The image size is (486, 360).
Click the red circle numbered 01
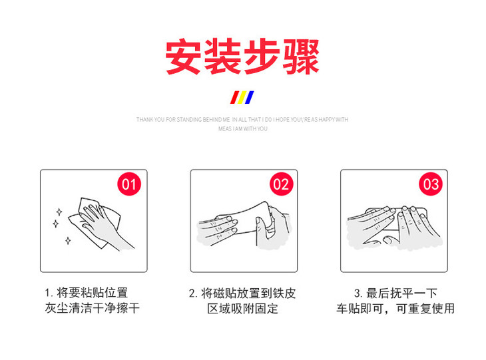(x=129, y=184)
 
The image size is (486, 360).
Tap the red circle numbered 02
(x=281, y=184)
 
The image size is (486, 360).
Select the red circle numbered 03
(x=431, y=184)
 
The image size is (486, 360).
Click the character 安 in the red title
(x=183, y=57)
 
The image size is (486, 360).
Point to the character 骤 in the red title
(x=301, y=57)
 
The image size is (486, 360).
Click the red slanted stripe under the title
(x=234, y=97)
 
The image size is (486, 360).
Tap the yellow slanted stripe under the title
(x=242, y=97)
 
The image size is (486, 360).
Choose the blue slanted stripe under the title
(x=249, y=97)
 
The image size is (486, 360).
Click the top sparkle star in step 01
(x=59, y=212)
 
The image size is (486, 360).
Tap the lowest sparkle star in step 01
(x=68, y=240)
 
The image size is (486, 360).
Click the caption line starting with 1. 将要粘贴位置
(x=86, y=293)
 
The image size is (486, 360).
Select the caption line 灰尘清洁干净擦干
(x=93, y=308)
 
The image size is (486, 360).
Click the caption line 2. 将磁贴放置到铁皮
(x=242, y=293)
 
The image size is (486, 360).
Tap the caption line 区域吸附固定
(x=243, y=309)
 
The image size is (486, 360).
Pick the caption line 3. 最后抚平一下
(x=395, y=293)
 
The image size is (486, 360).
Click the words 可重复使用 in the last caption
(x=425, y=309)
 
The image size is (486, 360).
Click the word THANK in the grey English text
(x=144, y=120)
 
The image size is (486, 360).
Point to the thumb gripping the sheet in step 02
(x=260, y=230)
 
